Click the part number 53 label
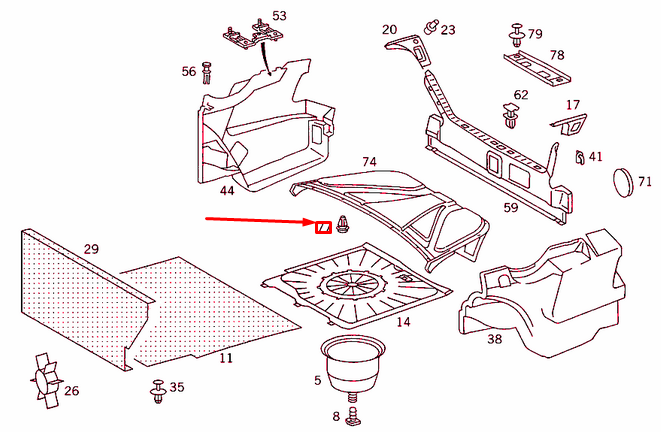point(279,16)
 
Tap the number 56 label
point(189,71)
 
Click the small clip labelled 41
point(580,157)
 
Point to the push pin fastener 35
point(157,393)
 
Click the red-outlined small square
point(323,228)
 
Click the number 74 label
point(369,162)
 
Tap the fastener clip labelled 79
point(517,37)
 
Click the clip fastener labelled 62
point(512,119)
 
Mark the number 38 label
point(494,339)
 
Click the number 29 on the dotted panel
point(91,248)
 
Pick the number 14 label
point(403,322)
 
